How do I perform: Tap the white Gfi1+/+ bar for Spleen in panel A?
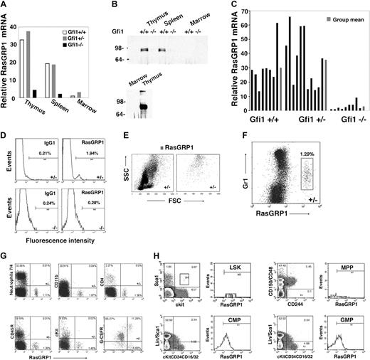[48, 82]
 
